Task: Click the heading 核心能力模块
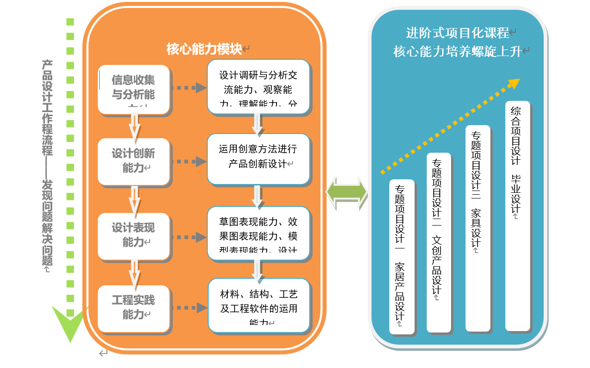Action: click(x=204, y=49)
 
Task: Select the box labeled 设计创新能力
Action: click(x=133, y=161)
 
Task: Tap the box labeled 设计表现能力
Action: click(x=133, y=235)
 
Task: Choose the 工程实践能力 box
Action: click(x=133, y=308)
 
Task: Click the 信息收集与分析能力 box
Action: click(x=133, y=89)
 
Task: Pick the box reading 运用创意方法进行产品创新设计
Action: click(x=258, y=158)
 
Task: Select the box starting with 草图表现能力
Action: click(x=258, y=233)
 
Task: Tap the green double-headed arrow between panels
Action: click(x=347, y=192)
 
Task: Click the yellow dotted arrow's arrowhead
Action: click(x=514, y=83)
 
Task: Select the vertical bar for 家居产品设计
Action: click(x=401, y=256)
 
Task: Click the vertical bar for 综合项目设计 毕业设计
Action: click(x=517, y=215)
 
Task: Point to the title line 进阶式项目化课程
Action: click(x=457, y=33)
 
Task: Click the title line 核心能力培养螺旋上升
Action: click(x=457, y=51)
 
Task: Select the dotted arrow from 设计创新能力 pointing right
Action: click(x=189, y=162)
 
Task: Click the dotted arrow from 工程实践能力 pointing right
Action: click(x=189, y=308)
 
